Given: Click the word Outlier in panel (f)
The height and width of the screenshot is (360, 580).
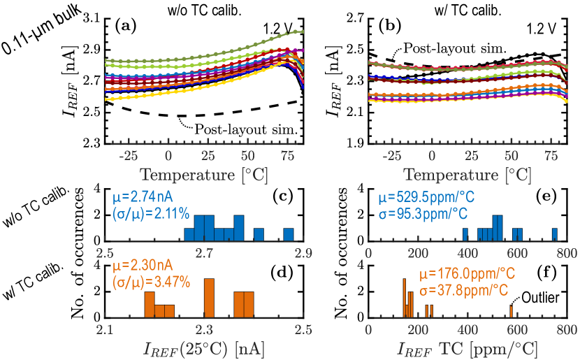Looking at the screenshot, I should pyautogui.click(x=542, y=297).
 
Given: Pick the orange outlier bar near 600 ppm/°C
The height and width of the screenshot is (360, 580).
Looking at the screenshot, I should pyautogui.click(x=511, y=309).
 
